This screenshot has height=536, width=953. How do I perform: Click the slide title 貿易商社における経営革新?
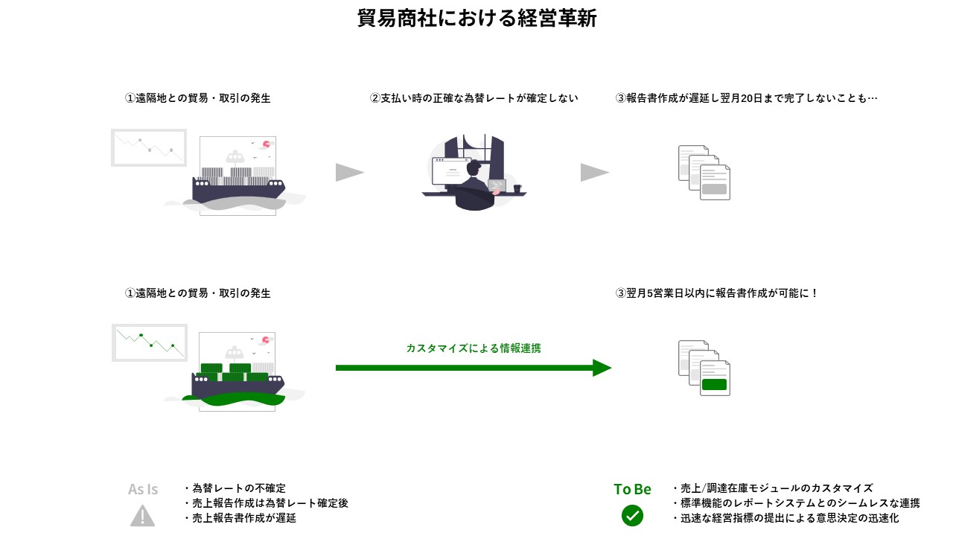[476, 19]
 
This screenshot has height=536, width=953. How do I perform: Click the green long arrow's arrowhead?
[602, 368]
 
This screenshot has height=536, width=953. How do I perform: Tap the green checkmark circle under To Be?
[632, 515]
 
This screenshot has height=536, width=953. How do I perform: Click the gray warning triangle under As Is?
[142, 515]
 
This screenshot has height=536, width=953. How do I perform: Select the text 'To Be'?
[632, 489]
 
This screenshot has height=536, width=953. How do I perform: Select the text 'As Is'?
[143, 489]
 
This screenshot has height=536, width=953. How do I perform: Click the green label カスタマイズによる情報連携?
[474, 348]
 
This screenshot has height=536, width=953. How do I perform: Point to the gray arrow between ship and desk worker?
[348, 173]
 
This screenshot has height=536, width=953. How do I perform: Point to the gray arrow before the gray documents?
[593, 173]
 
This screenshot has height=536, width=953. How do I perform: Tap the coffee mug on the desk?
[517, 189]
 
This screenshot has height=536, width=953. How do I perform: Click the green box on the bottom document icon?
[714, 385]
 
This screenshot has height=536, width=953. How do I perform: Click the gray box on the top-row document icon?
[714, 189]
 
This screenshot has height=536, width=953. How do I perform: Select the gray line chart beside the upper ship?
[149, 147]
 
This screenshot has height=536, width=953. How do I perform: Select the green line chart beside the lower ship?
[149, 342]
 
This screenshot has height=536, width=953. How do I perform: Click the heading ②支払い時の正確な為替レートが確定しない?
[474, 98]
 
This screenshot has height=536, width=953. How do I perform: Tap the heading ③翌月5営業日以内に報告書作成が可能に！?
[717, 293]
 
